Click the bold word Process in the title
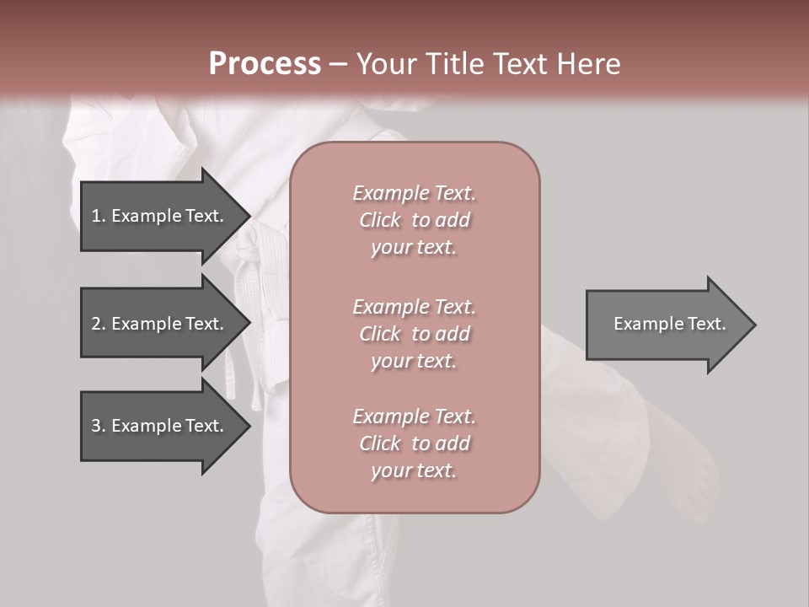(265, 64)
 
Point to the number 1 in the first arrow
(96, 216)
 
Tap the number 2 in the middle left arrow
(96, 324)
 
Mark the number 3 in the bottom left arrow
(96, 426)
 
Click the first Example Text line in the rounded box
(414, 193)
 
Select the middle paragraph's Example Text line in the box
(414, 307)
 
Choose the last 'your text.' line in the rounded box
(414, 471)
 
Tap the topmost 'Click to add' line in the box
(414, 220)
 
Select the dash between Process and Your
(339, 65)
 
